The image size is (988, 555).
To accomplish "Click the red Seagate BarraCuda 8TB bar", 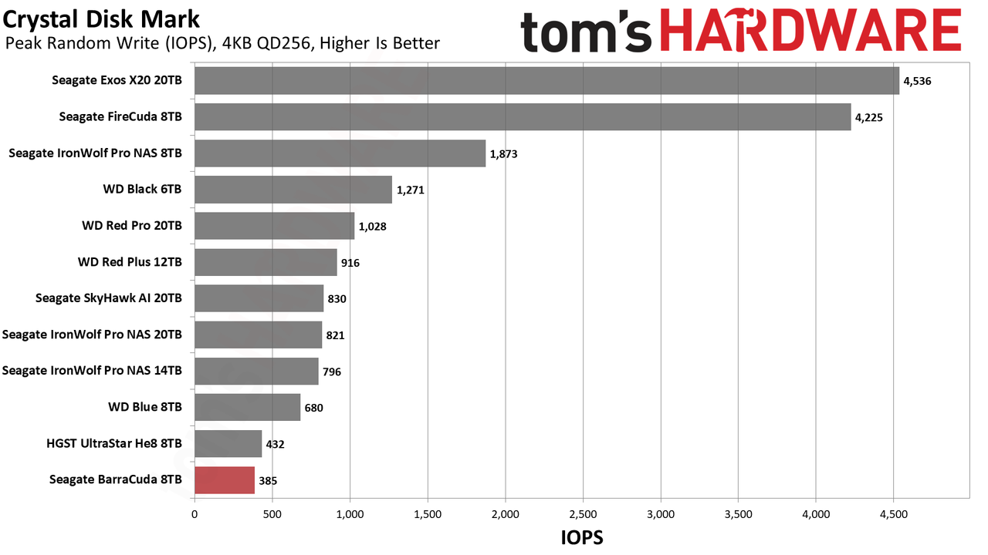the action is [x=225, y=480].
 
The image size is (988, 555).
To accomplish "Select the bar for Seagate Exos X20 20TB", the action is [x=547, y=81].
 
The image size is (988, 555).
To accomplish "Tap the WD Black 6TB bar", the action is [x=293, y=190].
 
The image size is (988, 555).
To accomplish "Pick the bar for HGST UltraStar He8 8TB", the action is [x=228, y=443].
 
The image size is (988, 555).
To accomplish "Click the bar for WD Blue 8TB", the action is [x=248, y=408].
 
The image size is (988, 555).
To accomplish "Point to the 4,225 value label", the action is [x=869, y=118].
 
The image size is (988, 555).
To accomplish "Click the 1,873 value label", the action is [x=504, y=154].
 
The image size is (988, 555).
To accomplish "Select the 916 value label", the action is [x=350, y=263].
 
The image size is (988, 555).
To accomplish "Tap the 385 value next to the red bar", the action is [x=268, y=480].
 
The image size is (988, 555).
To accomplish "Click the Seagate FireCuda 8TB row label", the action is [x=120, y=116].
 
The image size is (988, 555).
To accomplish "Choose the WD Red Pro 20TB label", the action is [x=132, y=226].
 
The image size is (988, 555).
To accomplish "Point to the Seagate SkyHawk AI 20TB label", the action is [x=109, y=298].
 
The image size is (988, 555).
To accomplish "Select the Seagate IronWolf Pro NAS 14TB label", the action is [x=92, y=371].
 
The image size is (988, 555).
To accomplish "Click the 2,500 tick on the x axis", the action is [x=583, y=514].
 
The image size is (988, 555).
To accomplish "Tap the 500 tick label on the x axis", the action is [x=272, y=514].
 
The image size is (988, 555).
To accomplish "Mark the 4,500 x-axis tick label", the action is [x=894, y=514].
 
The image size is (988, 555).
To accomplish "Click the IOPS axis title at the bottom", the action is [x=582, y=538].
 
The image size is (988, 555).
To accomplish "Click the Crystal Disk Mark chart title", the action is [x=101, y=19].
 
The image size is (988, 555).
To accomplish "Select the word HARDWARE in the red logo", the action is [x=811, y=30].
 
